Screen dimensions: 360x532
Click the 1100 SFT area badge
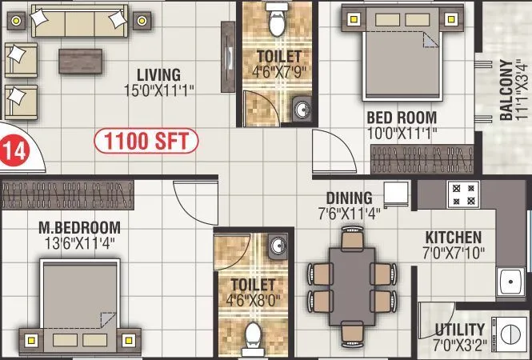(x=146, y=142)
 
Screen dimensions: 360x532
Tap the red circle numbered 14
(x=11, y=150)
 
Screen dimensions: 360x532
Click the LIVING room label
(x=157, y=74)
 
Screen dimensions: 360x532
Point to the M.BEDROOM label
(x=79, y=227)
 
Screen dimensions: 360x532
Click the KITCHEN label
(x=453, y=238)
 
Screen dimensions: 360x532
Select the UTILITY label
(x=460, y=330)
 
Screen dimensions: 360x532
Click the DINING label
(x=349, y=198)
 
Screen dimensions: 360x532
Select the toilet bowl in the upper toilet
(x=278, y=22)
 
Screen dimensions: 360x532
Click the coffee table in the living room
(x=79, y=60)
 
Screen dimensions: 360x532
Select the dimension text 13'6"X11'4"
(x=79, y=243)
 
